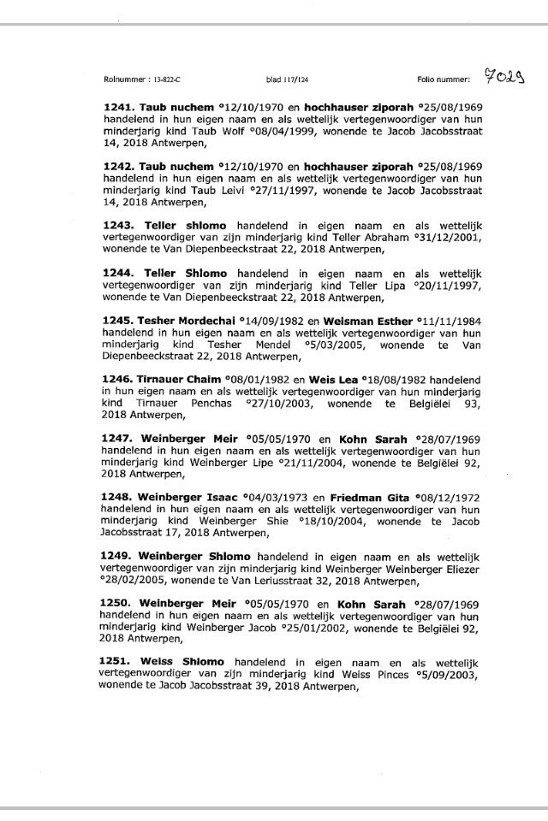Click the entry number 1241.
coord(119,106)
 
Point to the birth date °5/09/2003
coord(435,676)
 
